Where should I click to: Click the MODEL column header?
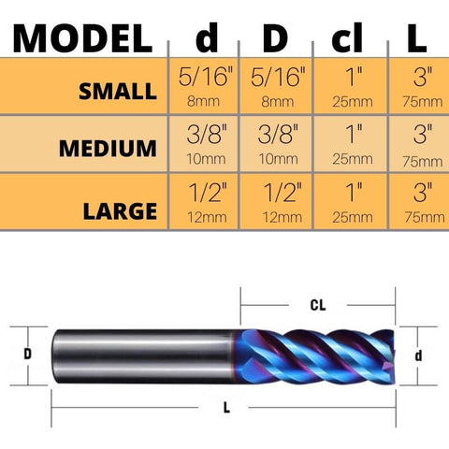(82, 38)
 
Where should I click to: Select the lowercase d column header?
(207, 37)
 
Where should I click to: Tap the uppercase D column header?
(275, 38)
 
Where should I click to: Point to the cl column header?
(347, 37)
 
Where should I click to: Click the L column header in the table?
(416, 38)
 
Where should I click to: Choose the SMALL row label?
(118, 92)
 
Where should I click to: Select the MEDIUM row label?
(108, 149)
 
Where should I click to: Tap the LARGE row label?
(120, 211)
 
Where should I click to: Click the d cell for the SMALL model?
(204, 86)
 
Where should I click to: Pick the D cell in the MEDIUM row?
(276, 144)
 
